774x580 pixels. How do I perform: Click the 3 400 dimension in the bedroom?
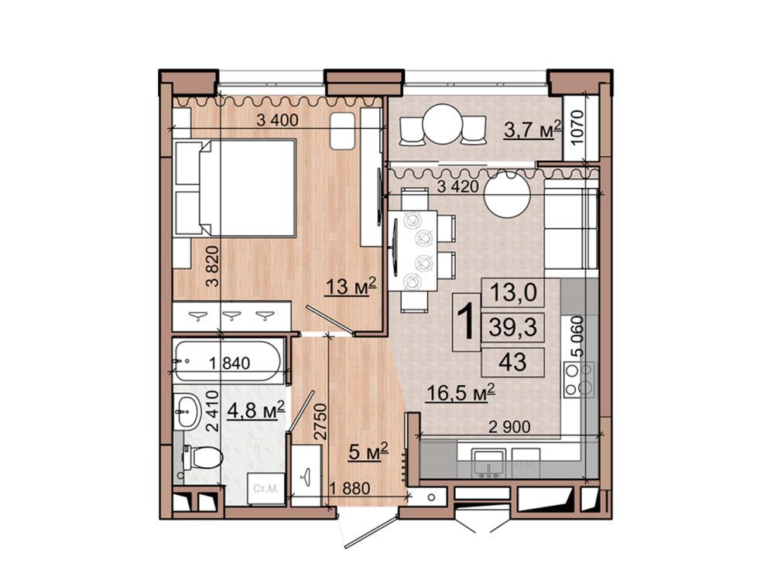pyautogui.click(x=277, y=120)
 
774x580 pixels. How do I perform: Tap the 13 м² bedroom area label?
pyautogui.click(x=351, y=286)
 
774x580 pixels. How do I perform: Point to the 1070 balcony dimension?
pyautogui.click(x=577, y=127)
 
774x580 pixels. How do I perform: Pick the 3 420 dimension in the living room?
pyautogui.click(x=458, y=186)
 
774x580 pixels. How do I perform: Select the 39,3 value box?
pyautogui.click(x=513, y=327)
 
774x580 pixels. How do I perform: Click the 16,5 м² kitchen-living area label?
pyautogui.click(x=461, y=393)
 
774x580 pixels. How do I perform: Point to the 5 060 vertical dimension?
pyautogui.click(x=577, y=336)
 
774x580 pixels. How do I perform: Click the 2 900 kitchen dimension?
pyautogui.click(x=509, y=427)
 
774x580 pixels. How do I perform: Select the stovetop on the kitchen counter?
pyautogui.click(x=580, y=379)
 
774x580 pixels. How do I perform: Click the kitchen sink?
pyautogui.click(x=488, y=463)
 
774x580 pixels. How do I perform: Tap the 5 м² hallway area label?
pyautogui.click(x=368, y=452)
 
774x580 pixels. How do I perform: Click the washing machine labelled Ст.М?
pyautogui.click(x=265, y=490)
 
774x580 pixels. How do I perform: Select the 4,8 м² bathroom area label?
pyautogui.click(x=255, y=410)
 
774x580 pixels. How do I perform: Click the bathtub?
pyautogui.click(x=228, y=361)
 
